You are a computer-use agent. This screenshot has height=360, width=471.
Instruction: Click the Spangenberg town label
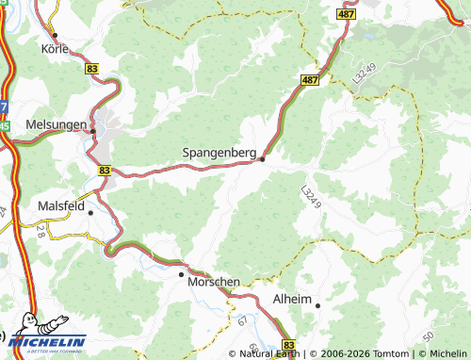click(x=219, y=151)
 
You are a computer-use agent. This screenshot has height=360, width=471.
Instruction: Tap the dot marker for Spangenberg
click(x=262, y=158)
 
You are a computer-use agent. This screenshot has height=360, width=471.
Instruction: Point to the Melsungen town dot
click(x=92, y=131)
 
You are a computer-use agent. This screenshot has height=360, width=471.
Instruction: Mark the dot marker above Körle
click(x=56, y=35)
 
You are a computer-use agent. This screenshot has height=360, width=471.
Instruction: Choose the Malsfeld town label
click(x=61, y=205)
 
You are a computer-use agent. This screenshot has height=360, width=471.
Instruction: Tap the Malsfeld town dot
click(x=90, y=212)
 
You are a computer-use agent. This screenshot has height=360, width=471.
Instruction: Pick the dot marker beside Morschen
click(x=182, y=274)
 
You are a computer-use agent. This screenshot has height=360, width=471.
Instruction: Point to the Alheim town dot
click(x=317, y=305)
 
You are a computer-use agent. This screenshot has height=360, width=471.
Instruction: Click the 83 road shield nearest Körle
click(x=91, y=69)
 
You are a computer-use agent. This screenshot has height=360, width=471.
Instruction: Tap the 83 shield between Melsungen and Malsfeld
click(x=104, y=170)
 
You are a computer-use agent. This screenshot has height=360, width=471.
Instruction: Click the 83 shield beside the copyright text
click(x=288, y=346)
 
